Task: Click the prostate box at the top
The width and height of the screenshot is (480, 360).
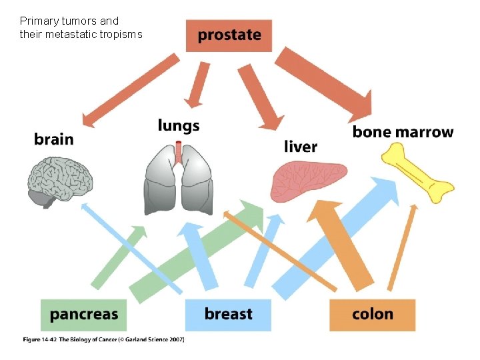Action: [x=229, y=35]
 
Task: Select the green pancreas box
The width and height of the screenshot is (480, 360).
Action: [x=83, y=315]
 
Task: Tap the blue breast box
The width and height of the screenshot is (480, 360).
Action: [x=228, y=315]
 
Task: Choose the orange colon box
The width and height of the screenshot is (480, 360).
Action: [x=372, y=315]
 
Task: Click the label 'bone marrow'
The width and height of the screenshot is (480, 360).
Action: [x=403, y=132]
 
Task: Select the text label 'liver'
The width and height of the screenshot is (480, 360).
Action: [x=301, y=146]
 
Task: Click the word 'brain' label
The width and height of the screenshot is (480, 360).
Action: [x=54, y=139]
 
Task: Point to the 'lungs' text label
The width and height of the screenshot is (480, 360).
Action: [x=178, y=125]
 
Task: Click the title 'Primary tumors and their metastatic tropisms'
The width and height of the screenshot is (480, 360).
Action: [x=80, y=27]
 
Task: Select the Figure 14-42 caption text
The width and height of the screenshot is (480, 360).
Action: [x=103, y=339]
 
